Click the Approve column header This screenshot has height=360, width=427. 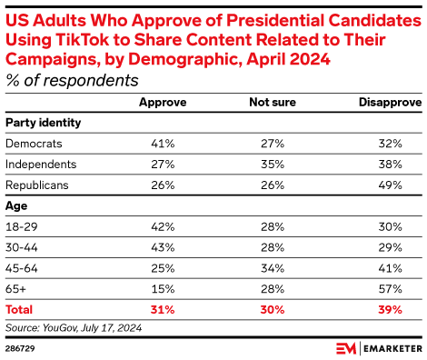163,103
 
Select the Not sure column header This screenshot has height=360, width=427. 273,102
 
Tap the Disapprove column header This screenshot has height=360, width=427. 390,103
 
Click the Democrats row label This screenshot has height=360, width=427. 34,144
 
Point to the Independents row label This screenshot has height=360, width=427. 41,165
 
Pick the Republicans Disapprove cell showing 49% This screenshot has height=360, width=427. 390,185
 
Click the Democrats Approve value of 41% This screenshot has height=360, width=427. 163,144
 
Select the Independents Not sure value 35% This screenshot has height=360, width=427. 273,165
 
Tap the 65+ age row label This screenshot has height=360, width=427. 15,289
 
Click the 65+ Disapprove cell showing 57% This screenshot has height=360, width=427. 390,289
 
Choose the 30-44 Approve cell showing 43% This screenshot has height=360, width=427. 163,247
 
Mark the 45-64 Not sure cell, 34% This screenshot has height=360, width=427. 273,268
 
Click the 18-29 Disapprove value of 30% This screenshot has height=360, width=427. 390,226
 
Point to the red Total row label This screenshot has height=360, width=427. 19,310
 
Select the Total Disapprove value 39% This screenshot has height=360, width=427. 390,310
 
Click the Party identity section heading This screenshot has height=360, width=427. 44,123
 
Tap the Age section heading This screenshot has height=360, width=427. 16,206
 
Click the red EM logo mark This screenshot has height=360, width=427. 346,348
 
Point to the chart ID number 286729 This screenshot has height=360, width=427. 20,348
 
